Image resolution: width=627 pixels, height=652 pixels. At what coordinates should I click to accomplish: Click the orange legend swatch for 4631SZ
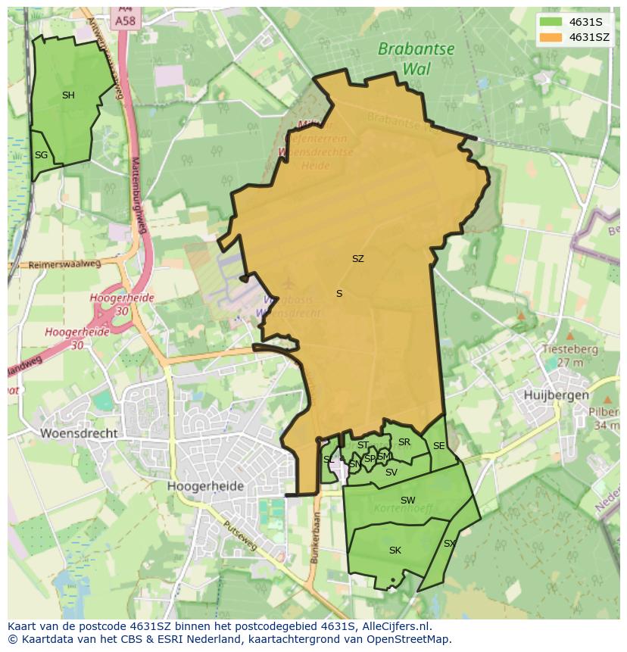point(551,37)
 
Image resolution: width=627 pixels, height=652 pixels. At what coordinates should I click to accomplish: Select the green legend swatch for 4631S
point(551,22)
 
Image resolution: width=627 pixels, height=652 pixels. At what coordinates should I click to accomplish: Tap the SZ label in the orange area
point(358,259)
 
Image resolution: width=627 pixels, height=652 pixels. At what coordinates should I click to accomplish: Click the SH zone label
point(68,95)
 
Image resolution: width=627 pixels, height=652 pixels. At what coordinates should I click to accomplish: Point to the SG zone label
point(41,155)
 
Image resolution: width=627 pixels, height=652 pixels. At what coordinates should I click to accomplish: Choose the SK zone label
point(395,551)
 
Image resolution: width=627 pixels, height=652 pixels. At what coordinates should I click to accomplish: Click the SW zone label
point(408,501)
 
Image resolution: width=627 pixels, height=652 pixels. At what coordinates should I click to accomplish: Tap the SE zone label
point(438,447)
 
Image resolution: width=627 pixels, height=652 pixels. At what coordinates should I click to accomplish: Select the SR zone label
point(404,442)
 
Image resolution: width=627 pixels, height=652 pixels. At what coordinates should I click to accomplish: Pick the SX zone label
point(449,544)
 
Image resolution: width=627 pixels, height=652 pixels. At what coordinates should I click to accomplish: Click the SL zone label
point(328,460)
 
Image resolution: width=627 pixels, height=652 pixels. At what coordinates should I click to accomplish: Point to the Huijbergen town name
point(556,395)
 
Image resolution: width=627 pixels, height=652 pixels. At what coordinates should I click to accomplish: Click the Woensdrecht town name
point(79,433)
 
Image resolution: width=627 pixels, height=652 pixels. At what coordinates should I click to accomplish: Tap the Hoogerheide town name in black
point(206,486)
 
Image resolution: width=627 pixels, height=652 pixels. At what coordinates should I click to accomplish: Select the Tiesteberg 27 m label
point(570,356)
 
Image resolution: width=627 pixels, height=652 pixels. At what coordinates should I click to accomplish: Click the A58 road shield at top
point(125,20)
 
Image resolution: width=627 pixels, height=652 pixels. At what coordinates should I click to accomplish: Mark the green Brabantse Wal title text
point(416,58)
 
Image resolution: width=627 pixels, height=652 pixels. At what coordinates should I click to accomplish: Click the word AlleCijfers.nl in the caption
point(393,626)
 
